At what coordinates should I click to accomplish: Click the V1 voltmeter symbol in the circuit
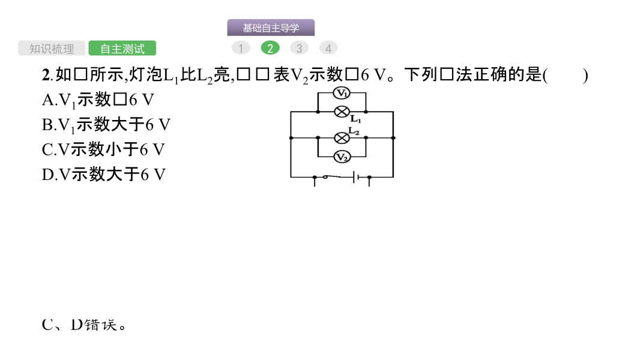click(x=342, y=93)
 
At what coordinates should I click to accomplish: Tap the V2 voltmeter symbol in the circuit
click(x=342, y=157)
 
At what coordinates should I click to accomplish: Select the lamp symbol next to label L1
click(x=342, y=112)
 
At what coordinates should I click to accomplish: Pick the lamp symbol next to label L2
click(x=342, y=138)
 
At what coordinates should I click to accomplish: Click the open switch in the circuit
click(x=326, y=176)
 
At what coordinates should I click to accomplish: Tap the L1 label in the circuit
click(x=355, y=119)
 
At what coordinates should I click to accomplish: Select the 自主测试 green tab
click(x=122, y=49)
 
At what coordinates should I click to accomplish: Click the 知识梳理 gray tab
click(x=52, y=49)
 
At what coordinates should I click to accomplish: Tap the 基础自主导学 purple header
click(x=271, y=28)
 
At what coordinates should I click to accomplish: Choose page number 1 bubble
click(x=241, y=49)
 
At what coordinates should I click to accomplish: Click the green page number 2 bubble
click(x=270, y=49)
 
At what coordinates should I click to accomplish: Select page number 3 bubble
click(x=299, y=49)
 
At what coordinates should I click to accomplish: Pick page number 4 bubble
click(x=328, y=49)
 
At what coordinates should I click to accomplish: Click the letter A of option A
click(x=47, y=100)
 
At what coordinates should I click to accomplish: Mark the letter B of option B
click(x=47, y=125)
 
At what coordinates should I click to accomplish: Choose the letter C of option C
click(x=47, y=149)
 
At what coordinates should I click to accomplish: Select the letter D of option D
click(x=47, y=175)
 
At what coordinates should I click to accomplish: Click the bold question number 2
click(x=46, y=76)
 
